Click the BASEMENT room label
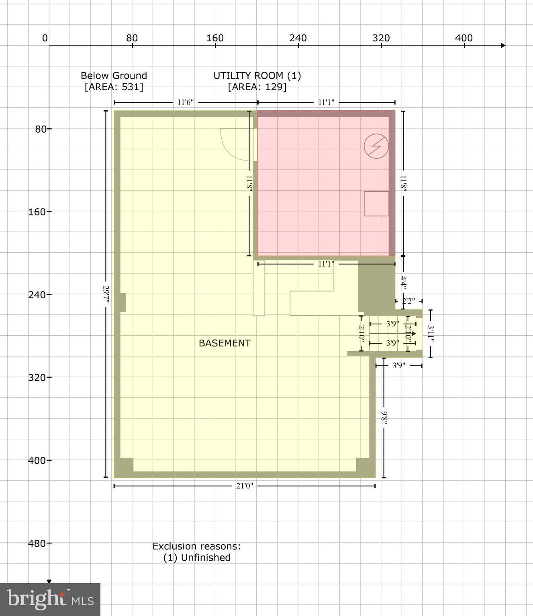pyautogui.click(x=225, y=343)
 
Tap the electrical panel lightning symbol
pyautogui.click(x=376, y=146)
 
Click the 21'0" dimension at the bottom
pyautogui.click(x=244, y=486)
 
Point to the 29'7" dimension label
pyautogui.click(x=106, y=294)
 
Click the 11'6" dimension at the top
pyautogui.click(x=186, y=102)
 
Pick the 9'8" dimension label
pyautogui.click(x=384, y=418)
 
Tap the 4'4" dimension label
pyautogui.click(x=404, y=283)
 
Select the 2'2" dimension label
pyautogui.click(x=408, y=301)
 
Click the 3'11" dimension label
pyautogui.click(x=431, y=334)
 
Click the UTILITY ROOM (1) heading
pyautogui.click(x=257, y=75)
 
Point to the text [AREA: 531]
pyautogui.click(x=114, y=87)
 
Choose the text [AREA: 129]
pyautogui.click(x=257, y=87)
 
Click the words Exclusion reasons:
pyautogui.click(x=196, y=546)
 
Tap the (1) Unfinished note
pyautogui.click(x=197, y=557)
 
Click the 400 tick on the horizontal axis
pyautogui.click(x=464, y=38)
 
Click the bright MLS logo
pyautogui.click(x=50, y=599)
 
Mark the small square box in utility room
pyautogui.click(x=376, y=204)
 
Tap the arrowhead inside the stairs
pyautogui.click(x=413, y=334)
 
